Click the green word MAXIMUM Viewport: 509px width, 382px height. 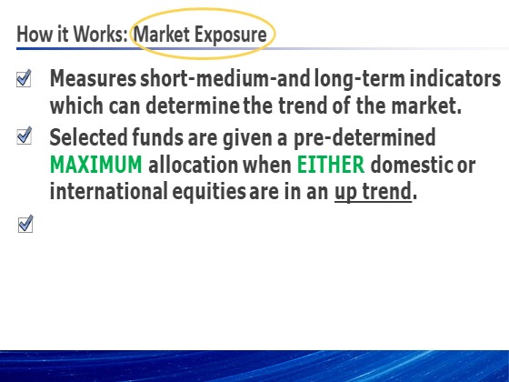[x=96, y=165]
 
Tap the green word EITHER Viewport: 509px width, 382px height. [x=331, y=165]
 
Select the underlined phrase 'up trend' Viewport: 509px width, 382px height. [x=373, y=192]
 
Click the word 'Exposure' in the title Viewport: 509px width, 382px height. [x=231, y=35]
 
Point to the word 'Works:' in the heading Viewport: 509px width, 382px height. [x=100, y=34]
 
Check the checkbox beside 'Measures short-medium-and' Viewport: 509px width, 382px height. [x=24, y=78]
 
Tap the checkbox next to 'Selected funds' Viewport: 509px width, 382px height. [x=25, y=136]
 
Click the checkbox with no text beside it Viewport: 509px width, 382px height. [x=25, y=224]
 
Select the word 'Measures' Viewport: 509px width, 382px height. [x=93, y=78]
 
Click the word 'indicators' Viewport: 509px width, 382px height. [x=455, y=78]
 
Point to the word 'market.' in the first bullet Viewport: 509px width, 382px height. [x=426, y=106]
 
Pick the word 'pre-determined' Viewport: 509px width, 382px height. [x=364, y=138]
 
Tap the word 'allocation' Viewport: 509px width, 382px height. [x=193, y=165]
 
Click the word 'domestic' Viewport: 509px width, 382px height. [x=412, y=165]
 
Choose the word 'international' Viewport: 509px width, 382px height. [x=109, y=191]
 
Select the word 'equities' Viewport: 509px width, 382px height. [x=209, y=192]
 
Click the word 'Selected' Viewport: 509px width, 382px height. [x=89, y=137]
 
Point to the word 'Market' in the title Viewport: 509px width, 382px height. [x=162, y=35]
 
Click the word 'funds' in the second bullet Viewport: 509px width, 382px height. [x=158, y=137]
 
